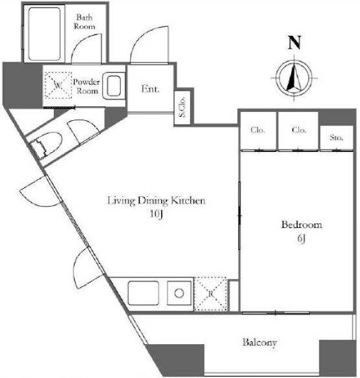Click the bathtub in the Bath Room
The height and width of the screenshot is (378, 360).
[44, 34]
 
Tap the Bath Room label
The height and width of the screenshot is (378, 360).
[84, 21]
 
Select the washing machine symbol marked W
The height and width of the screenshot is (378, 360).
[58, 85]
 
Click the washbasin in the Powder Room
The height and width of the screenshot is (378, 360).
[114, 86]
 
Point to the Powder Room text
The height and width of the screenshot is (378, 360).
[86, 86]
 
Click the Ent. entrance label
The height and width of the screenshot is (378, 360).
[150, 89]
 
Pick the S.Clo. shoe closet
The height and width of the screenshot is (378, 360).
[183, 107]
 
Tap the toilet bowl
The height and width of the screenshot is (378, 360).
[46, 145]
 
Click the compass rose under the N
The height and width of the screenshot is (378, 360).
[294, 78]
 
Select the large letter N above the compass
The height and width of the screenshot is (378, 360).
[294, 43]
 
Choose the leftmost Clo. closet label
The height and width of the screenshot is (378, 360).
[258, 130]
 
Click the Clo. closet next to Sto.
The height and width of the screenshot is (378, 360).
[299, 130]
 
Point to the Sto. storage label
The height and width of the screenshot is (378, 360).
[336, 138]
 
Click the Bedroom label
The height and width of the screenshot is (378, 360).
[302, 225]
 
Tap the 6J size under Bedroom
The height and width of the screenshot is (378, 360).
[302, 239]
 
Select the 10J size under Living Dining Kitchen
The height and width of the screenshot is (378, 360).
[156, 214]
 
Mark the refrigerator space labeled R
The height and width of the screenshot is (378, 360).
[211, 294]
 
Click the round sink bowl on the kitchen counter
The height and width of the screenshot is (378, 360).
[179, 294]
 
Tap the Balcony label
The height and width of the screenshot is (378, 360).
[259, 343]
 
